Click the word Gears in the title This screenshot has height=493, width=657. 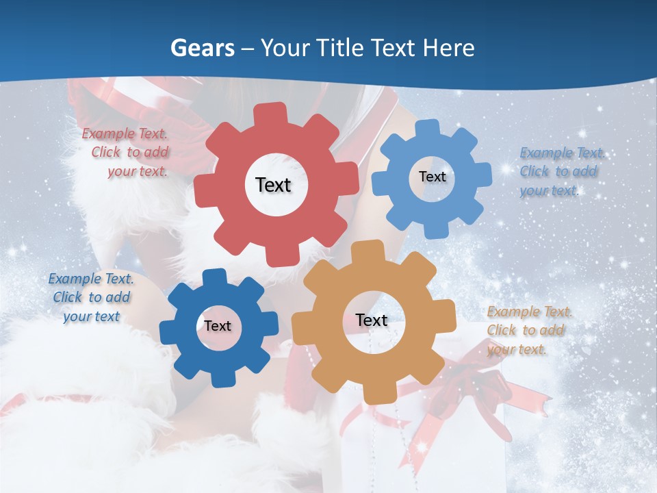[202, 48]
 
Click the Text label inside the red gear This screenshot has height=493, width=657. [273, 185]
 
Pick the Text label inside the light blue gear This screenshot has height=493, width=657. [432, 177]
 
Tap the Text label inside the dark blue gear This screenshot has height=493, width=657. [218, 326]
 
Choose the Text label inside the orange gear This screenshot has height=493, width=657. [372, 320]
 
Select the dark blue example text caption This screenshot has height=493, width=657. [91, 297]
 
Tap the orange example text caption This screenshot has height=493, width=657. [528, 330]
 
